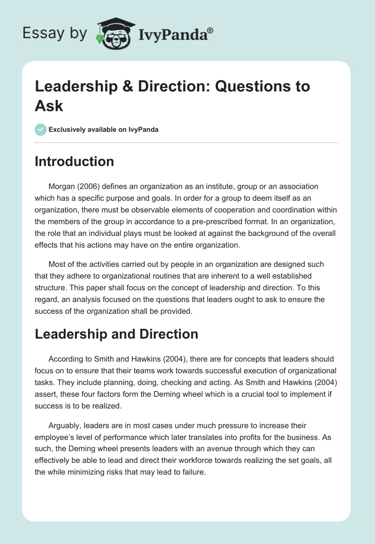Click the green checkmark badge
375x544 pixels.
[40, 129]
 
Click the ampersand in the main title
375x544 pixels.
[134, 87]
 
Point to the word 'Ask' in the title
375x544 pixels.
[49, 106]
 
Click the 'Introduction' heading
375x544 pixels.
[74, 161]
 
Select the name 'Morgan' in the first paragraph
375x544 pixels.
[62, 187]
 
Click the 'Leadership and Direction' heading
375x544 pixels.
[116, 334]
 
